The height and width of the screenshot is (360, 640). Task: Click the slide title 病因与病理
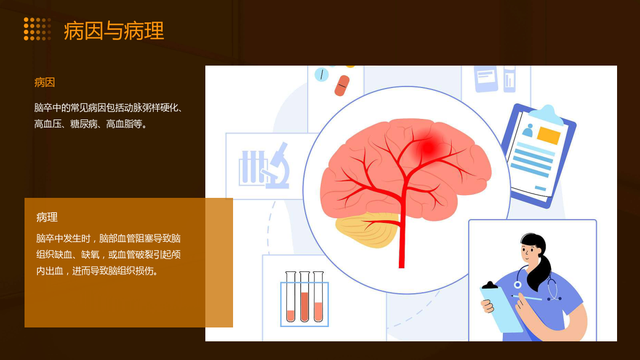point(114,30)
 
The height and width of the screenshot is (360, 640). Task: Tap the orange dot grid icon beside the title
point(37,29)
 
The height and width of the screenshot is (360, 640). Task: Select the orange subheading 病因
point(45,83)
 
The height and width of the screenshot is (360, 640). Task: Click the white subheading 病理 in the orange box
point(47,217)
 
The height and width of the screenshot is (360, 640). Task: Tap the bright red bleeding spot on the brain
point(428,148)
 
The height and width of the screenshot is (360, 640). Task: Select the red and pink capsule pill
point(342,85)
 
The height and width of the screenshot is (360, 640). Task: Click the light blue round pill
point(322,75)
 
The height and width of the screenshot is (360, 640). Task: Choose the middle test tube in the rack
point(305,297)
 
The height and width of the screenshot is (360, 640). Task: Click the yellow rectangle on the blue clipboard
point(549,135)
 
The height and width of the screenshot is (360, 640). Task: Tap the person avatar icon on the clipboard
point(527,130)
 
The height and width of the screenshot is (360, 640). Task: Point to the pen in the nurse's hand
point(526,298)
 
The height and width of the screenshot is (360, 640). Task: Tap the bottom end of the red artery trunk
point(402,267)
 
